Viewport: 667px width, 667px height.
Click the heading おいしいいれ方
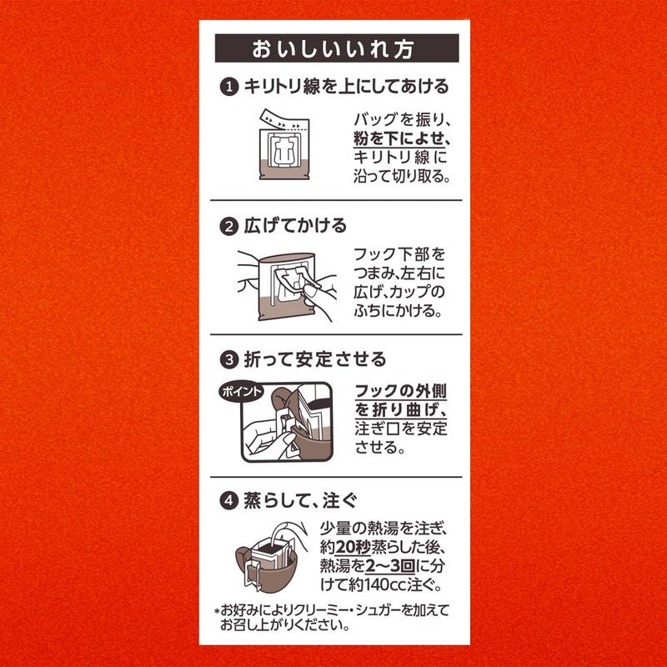pos(337,48)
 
